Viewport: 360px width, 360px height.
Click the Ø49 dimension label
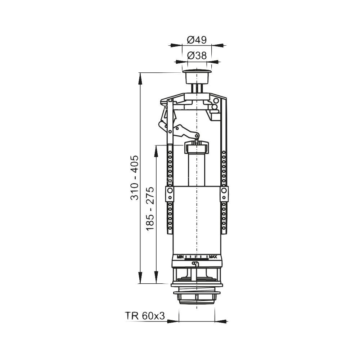[x=197, y=40]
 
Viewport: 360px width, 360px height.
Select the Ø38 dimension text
[x=197, y=55]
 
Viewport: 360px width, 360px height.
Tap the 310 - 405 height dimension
[x=135, y=178]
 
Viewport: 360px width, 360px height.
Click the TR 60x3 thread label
[x=145, y=316]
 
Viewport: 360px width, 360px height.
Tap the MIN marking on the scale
[x=180, y=257]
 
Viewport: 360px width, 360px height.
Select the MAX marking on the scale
[x=213, y=257]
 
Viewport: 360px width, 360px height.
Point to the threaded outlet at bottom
[x=197, y=298]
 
